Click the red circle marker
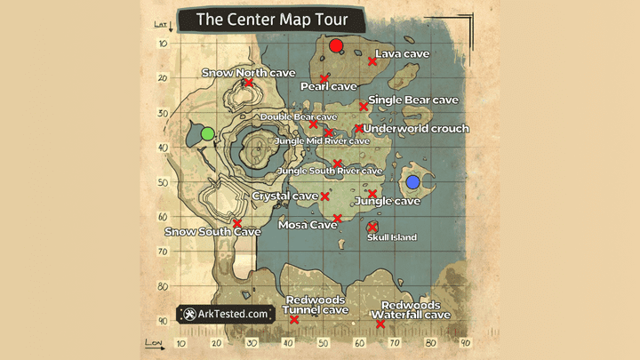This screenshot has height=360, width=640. [335, 46]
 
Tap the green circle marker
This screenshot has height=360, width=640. [207, 133]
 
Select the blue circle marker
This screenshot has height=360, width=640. [412, 181]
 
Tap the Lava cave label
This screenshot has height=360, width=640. [402, 54]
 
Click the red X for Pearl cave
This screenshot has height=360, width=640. [324, 79]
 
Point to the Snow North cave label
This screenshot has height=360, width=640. [236, 72]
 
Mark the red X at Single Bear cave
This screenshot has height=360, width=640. [364, 107]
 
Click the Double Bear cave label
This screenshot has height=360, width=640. [298, 116]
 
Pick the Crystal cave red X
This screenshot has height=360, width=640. [325, 196]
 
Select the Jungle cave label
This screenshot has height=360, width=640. [387, 202]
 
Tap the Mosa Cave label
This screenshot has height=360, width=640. [308, 225]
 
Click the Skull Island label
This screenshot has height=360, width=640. [391, 237]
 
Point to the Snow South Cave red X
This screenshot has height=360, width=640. [237, 223]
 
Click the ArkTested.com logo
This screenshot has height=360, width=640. [225, 314]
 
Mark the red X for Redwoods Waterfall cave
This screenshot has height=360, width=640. [380, 324]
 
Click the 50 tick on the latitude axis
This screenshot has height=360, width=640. [163, 182]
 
